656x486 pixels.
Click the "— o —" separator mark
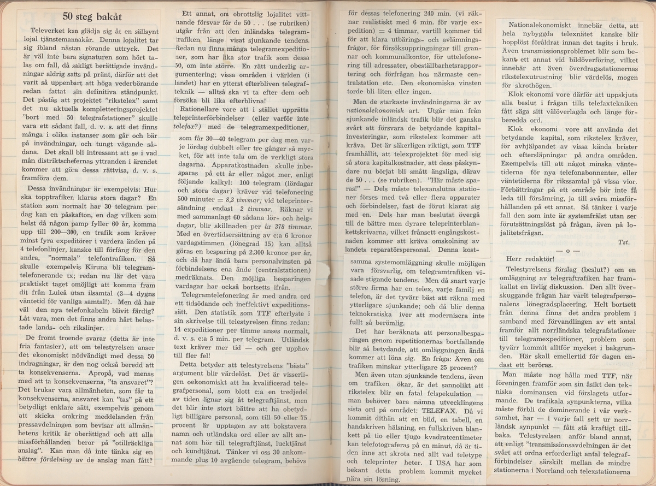pyautogui.click(x=568, y=250)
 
